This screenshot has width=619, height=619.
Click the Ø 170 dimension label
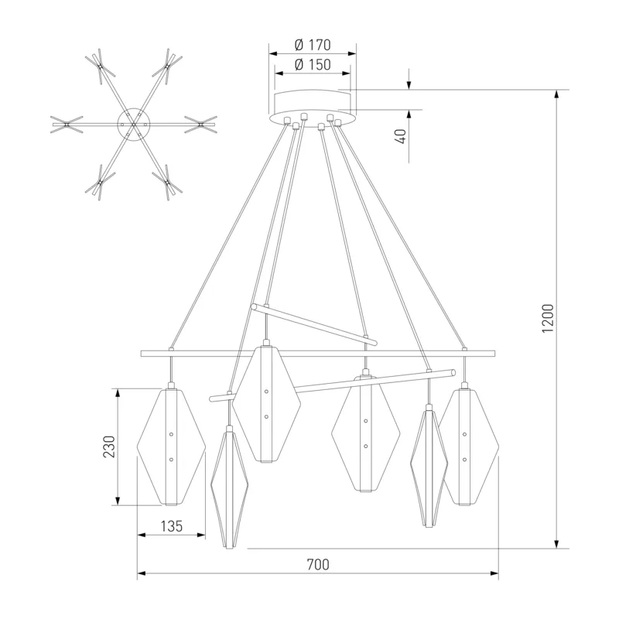(x=313, y=45)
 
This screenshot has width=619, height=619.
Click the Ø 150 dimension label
(x=313, y=65)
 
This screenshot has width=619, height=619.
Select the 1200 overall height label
(x=548, y=319)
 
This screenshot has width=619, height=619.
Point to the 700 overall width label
(x=318, y=565)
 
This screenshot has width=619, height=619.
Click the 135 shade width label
(x=172, y=526)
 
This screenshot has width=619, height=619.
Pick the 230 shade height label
(x=109, y=446)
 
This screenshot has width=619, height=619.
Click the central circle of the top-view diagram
(x=134, y=124)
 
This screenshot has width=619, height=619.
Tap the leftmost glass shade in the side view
(x=171, y=446)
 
